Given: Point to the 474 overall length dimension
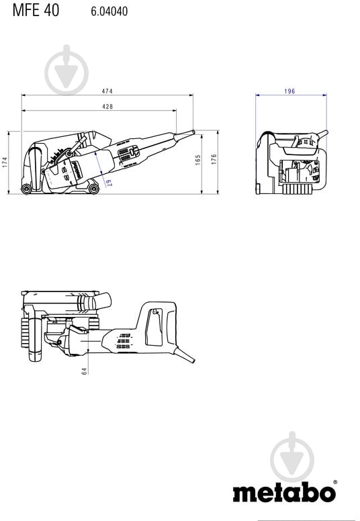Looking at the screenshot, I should click(107, 92).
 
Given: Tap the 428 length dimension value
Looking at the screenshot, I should click(107, 107).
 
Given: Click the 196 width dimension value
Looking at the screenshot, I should click(290, 92).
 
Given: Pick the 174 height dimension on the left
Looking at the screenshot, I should click(5, 162).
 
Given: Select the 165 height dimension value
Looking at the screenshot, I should click(197, 160).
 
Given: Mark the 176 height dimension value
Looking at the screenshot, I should click(214, 160).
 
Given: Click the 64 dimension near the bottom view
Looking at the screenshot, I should click(85, 370).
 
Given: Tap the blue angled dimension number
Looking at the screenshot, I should click(107, 182).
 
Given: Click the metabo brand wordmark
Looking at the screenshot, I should click(283, 493).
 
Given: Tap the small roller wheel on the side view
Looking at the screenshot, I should click(26, 189).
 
